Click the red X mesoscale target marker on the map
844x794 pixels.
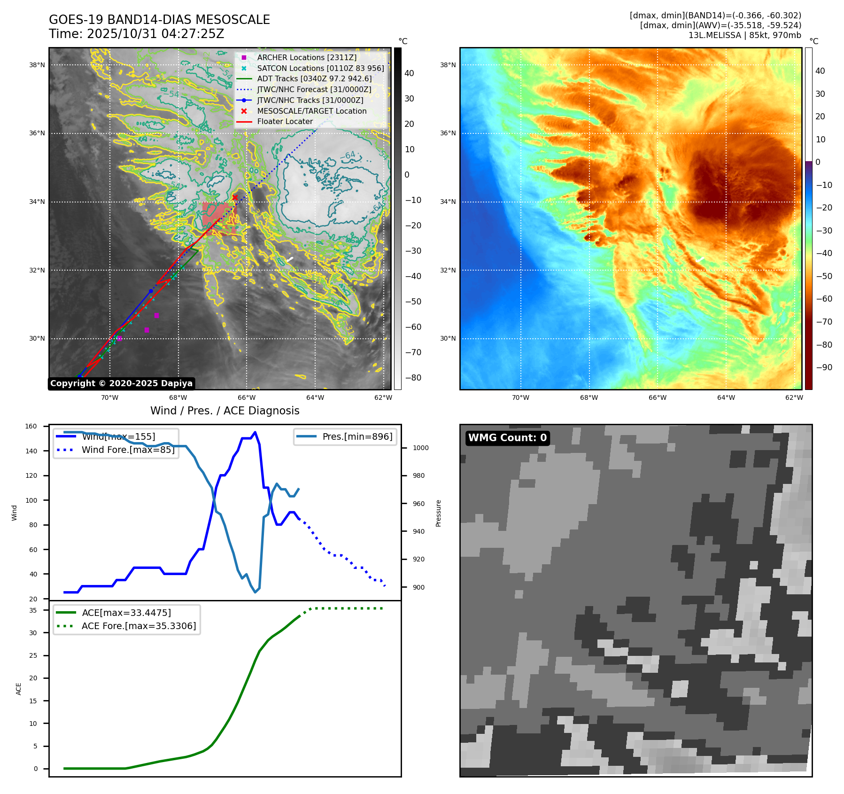pyautogui.click(x=235, y=198)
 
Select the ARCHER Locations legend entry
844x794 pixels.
pyautogui.click(x=307, y=57)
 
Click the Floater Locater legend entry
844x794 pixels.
pyautogui.click(x=285, y=121)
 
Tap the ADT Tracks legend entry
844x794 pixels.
pyautogui.click(x=314, y=78)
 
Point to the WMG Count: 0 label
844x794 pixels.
pyautogui.click(x=507, y=438)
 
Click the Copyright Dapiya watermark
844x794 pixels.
pyautogui.click(x=121, y=383)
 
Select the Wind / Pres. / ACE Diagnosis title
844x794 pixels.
pyautogui.click(x=225, y=411)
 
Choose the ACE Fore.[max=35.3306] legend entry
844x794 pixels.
pyautogui.click(x=139, y=626)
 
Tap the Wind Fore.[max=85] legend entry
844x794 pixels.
pyautogui.click(x=128, y=450)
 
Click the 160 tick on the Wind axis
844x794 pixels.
pyautogui.click(x=31, y=427)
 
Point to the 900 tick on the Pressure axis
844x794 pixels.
pyautogui.click(x=418, y=587)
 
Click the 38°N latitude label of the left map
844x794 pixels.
pyautogui.click(x=37, y=65)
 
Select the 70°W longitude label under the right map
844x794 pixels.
pyautogui.click(x=520, y=397)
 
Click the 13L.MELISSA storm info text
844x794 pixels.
pyautogui.click(x=744, y=35)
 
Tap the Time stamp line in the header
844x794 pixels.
pyautogui.click(x=137, y=34)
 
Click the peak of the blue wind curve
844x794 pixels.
pyautogui.click(x=255, y=432)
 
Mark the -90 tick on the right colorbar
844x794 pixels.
pyautogui.click(x=824, y=367)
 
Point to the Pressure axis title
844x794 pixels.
pyautogui.click(x=438, y=513)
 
